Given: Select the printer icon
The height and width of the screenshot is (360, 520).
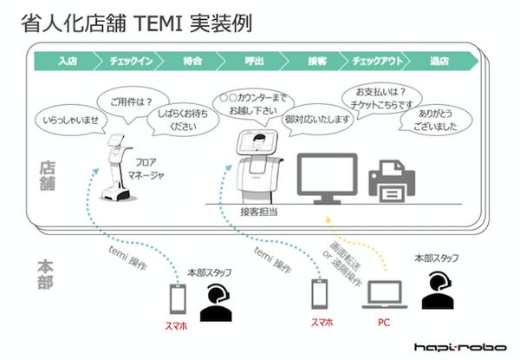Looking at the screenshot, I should click(x=393, y=180).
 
